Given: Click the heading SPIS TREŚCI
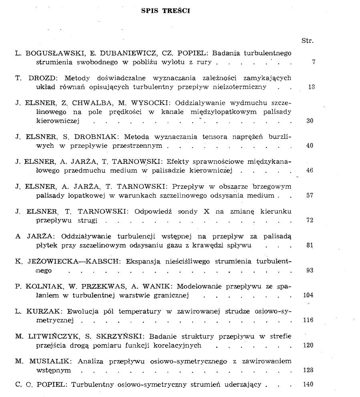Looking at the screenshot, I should click(165, 11).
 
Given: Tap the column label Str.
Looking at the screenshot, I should click(307, 40).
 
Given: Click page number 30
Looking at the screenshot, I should click(310, 121).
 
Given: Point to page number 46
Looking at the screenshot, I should click(310, 171).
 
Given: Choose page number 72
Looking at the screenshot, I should click(310, 220).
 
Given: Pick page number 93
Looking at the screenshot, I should click(310, 270).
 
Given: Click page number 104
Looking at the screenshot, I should click(308, 295).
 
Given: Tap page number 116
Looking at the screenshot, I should click(308, 320).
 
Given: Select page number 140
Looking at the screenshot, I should click(308, 385).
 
